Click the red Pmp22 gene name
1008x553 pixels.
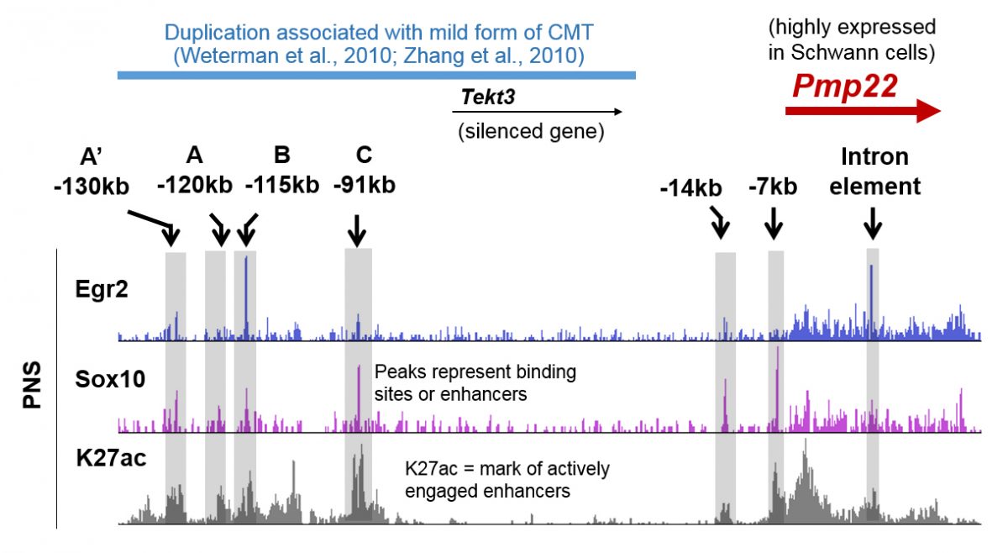(x=845, y=87)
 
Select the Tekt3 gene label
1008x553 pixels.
(x=488, y=97)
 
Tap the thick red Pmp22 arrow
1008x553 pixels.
(x=864, y=111)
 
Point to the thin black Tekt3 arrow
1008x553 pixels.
(x=538, y=112)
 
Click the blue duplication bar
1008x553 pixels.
(x=376, y=75)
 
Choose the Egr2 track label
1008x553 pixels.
(x=102, y=289)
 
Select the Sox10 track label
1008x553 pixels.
(x=110, y=379)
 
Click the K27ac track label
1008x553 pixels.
(x=111, y=458)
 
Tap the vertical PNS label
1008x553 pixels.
(x=32, y=385)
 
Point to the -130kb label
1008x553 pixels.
(x=92, y=187)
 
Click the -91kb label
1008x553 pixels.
(x=365, y=185)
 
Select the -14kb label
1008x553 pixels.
(x=691, y=187)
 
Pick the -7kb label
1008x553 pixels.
(x=773, y=187)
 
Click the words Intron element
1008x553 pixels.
(x=874, y=171)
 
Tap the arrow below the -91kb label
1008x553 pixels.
(x=357, y=230)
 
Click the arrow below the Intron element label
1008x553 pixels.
(x=873, y=224)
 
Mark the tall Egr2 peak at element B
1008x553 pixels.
(x=245, y=298)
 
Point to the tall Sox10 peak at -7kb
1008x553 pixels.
(x=777, y=388)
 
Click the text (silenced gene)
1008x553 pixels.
(x=531, y=131)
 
